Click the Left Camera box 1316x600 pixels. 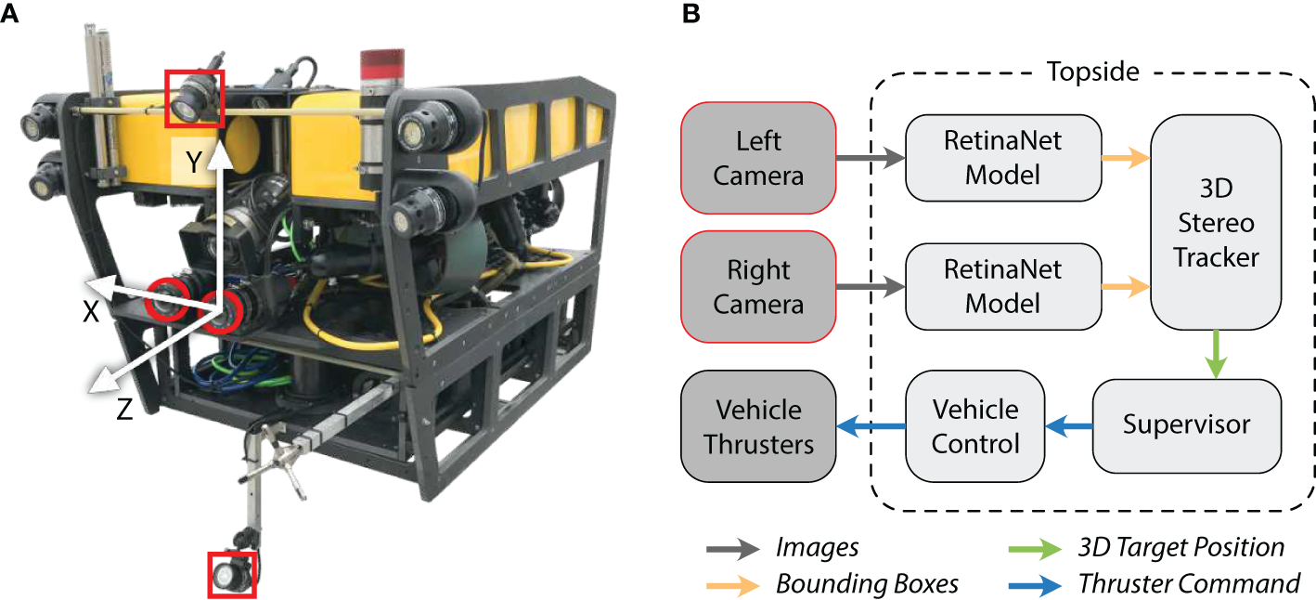(x=758, y=158)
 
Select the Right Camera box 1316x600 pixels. (x=758, y=287)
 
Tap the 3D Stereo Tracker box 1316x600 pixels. (x=1216, y=223)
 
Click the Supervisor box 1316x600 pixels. (x=1186, y=425)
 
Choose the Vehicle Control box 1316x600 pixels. (x=974, y=425)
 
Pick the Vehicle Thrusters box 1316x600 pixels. (x=758, y=425)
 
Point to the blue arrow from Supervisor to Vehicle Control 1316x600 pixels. (x=1068, y=426)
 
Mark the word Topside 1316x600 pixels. (x=1091, y=71)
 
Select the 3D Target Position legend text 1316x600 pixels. (x=1181, y=548)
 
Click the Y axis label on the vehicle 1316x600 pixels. (x=192, y=163)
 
